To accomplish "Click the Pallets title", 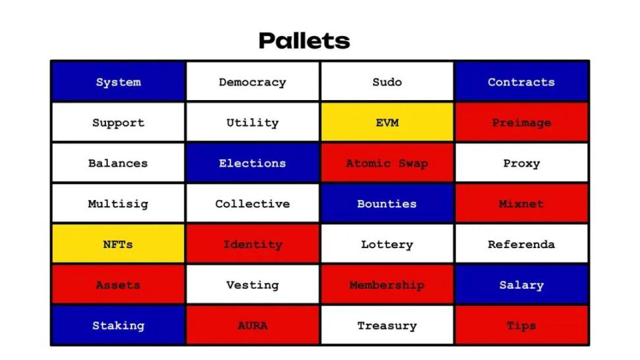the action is pos(304,41).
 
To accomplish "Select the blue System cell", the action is pos(118,81).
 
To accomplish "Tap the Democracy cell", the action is pos(253,81).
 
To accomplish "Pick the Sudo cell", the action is pos(387,81).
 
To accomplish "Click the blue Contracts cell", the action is pos(521,81).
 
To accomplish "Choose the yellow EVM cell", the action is pos(387,122).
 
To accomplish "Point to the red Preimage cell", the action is pos(521,122).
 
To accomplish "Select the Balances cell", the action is pos(118,163).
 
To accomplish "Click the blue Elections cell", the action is pos(253,163).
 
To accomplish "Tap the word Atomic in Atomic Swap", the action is pos(368,163).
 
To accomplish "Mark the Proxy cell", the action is pos(521,163).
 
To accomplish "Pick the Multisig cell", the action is pos(118,203).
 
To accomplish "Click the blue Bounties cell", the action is pos(387,203).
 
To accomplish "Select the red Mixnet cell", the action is pos(521,203).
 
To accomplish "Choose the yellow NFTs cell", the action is pos(118,244).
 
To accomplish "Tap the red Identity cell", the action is pos(253,244).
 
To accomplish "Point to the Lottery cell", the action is pos(387,244).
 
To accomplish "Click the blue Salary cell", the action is pos(521,284).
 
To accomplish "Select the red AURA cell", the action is pos(253,325).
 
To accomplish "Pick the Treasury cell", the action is pos(387,325).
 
